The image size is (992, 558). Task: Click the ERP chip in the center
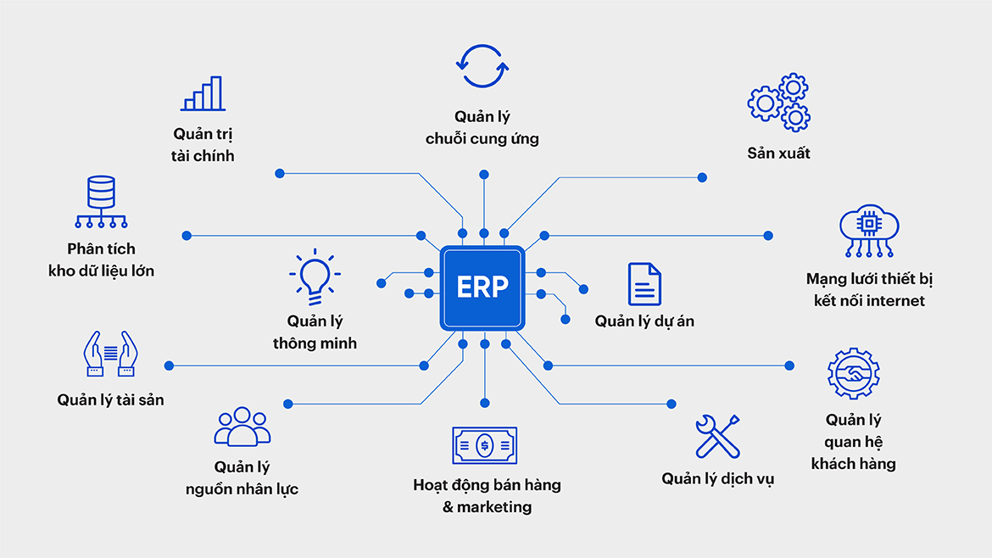(x=482, y=287)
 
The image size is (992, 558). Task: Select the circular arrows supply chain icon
(x=482, y=65)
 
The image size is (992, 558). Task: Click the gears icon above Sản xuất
(x=778, y=102)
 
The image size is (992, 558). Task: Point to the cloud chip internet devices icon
(x=869, y=230)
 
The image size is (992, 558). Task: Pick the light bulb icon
(x=315, y=276)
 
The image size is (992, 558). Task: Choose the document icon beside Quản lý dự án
(x=644, y=284)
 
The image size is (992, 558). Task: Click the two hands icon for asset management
(x=110, y=354)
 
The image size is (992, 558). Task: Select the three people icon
(x=242, y=427)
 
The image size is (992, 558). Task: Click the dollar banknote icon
(x=484, y=444)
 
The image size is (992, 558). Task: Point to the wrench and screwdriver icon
(x=717, y=437)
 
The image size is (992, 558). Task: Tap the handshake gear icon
(x=853, y=374)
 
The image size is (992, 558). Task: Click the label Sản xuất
(x=778, y=153)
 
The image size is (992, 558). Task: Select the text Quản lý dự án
(x=644, y=321)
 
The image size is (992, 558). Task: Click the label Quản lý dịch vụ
(x=717, y=479)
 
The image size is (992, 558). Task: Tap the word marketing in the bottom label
(x=494, y=507)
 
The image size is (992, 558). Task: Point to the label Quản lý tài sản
(x=110, y=399)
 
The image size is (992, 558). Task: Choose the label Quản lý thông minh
(x=315, y=332)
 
